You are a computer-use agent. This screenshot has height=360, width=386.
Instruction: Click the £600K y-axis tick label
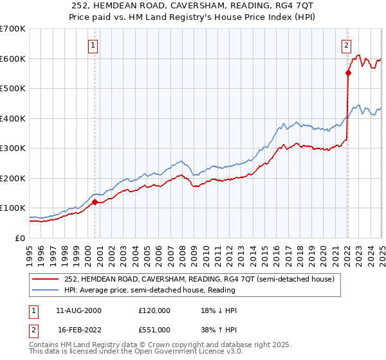click(x=13, y=59)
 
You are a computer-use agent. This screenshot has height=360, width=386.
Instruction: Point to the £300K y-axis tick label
click(x=13, y=148)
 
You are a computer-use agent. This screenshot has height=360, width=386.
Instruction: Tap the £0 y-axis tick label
click(x=21, y=239)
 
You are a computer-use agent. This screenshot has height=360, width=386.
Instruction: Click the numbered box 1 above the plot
click(x=94, y=45)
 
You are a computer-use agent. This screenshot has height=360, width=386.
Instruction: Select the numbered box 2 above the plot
click(x=347, y=45)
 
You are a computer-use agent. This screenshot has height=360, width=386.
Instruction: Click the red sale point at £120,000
click(x=95, y=202)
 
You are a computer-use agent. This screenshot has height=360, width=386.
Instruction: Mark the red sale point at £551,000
click(x=348, y=73)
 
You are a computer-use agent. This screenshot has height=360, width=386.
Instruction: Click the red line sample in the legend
click(x=45, y=280)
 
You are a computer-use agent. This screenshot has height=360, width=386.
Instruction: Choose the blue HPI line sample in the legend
click(x=45, y=291)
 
